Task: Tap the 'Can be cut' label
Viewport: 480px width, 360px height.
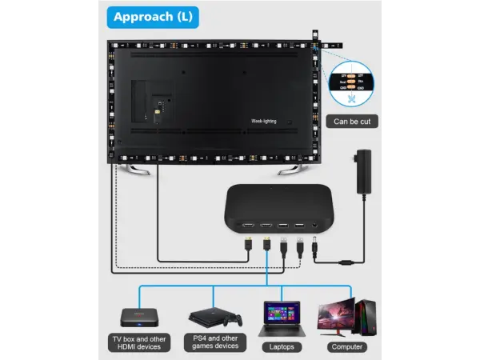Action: coord(353,122)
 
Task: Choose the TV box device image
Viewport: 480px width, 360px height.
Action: coord(138,315)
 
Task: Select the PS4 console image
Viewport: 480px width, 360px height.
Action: coord(206,316)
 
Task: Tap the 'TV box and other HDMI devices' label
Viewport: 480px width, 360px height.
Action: coord(138,342)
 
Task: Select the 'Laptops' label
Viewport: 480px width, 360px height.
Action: coord(280,346)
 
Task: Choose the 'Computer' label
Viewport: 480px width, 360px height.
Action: coord(348,346)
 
